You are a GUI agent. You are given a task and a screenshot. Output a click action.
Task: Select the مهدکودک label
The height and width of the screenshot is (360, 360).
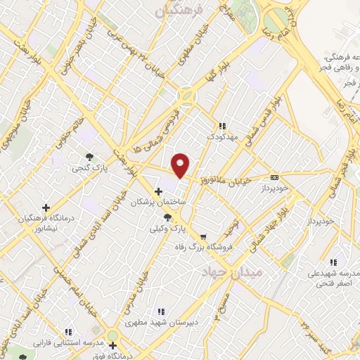pyautogui.click(x=222, y=136)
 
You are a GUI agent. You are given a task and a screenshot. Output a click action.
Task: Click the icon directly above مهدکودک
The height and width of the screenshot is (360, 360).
pyautogui.click(x=222, y=125)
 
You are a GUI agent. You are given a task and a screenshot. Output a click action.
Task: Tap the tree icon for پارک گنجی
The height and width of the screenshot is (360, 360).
pyautogui.click(x=89, y=157)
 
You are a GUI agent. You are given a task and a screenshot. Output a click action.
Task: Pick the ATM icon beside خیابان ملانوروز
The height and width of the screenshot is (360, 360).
pyautogui.click(x=274, y=178)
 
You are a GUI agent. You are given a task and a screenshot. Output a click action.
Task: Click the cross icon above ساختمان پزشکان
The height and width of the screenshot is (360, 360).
pyautogui.click(x=158, y=191)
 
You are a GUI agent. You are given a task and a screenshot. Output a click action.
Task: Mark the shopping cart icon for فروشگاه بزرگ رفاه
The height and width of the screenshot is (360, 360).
pyautogui.click(x=203, y=236)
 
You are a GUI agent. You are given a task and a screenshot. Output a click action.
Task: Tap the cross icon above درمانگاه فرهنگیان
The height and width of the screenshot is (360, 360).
pyautogui.click(x=46, y=208)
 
